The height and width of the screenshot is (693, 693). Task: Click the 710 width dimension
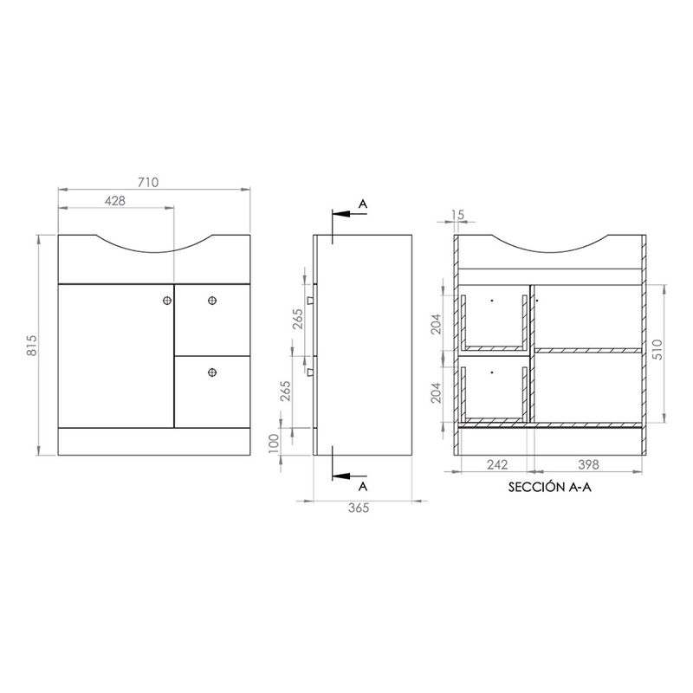[148, 182]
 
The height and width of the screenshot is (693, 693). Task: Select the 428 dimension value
[115, 201]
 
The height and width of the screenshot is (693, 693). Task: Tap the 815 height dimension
[32, 346]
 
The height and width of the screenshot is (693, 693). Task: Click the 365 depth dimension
[359, 508]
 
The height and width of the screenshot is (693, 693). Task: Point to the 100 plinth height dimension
[274, 444]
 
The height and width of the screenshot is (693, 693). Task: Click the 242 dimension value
[497, 464]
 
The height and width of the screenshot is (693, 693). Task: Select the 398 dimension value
[589, 464]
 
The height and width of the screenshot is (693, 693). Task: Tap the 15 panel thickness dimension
[459, 215]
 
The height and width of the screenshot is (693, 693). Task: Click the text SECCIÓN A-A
[550, 487]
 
